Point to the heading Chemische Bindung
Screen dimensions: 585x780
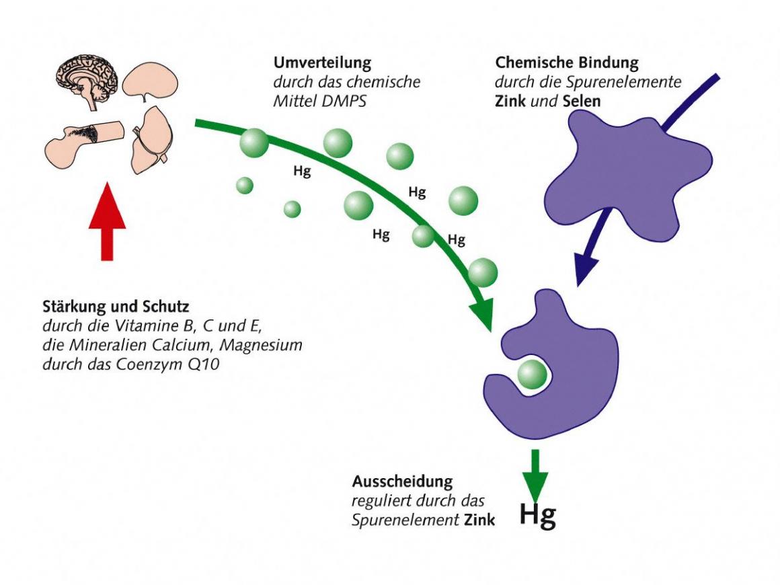pyautogui.click(x=567, y=63)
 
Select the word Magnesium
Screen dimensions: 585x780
pyautogui.click(x=266, y=346)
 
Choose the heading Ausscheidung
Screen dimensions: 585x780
pyautogui.click(x=402, y=482)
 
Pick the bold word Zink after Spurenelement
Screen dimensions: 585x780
pyautogui.click(x=479, y=520)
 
